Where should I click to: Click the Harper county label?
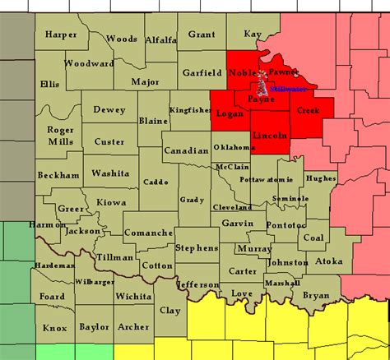(x=61, y=35)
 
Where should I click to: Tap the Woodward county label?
(x=84, y=63)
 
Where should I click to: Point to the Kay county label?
(x=253, y=35)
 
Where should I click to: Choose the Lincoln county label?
(x=271, y=134)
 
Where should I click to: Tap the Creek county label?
(x=308, y=109)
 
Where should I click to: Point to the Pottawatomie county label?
(x=266, y=179)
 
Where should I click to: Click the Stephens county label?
(x=197, y=247)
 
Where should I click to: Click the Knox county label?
(x=54, y=327)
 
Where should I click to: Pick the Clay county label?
(x=169, y=310)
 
